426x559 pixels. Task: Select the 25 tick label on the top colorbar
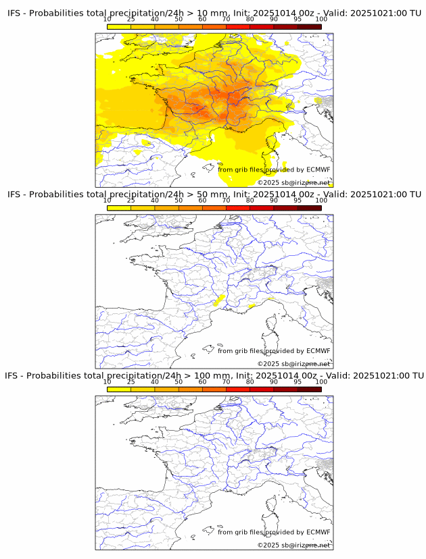click(x=131, y=20)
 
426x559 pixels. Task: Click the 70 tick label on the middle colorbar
click(x=226, y=201)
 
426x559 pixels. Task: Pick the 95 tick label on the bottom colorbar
click(x=298, y=382)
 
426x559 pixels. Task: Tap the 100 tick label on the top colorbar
click(x=321, y=20)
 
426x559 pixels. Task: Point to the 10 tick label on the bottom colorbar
click(x=108, y=382)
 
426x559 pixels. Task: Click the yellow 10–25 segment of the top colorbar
click(x=119, y=26)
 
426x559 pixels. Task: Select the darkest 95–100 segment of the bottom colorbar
click(x=309, y=389)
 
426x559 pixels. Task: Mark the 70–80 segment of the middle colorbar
click(x=237, y=208)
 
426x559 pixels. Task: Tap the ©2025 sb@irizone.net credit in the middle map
click(x=293, y=364)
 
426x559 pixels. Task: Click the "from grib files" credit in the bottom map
click(x=241, y=532)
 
